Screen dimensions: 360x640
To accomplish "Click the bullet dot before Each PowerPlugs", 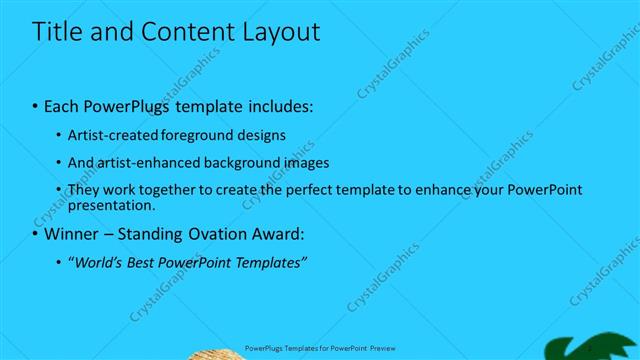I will click(36, 106).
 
